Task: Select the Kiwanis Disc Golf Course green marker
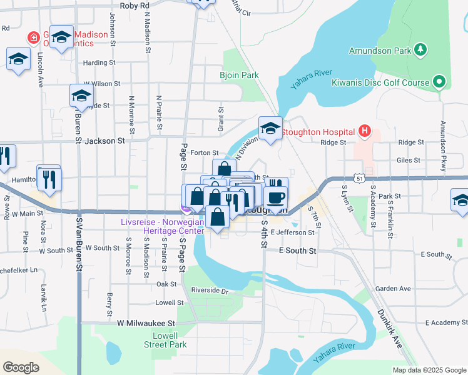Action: (439, 82)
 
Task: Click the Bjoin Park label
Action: (239, 75)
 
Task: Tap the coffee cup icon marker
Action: (275, 197)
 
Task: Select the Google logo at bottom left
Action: (21, 367)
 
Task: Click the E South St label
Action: (298, 251)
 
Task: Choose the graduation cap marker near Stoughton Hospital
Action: (270, 129)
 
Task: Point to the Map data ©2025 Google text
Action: (429, 370)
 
